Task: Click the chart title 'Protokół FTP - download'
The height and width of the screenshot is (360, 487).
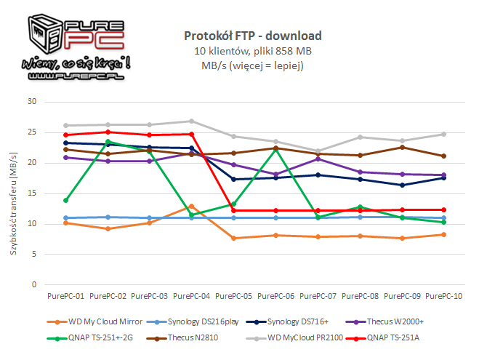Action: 252,36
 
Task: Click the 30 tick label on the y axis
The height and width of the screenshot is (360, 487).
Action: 31,102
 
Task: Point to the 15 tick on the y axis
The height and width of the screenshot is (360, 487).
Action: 31,193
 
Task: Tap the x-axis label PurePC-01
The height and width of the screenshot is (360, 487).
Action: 65,297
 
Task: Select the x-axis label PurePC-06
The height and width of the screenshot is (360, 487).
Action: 276,297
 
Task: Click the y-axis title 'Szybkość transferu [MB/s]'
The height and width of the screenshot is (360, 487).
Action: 12,193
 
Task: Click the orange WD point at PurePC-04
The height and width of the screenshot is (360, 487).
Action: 192,207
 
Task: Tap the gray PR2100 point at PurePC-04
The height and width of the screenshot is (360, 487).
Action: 192,121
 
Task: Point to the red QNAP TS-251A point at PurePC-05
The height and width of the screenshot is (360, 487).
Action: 234,210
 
